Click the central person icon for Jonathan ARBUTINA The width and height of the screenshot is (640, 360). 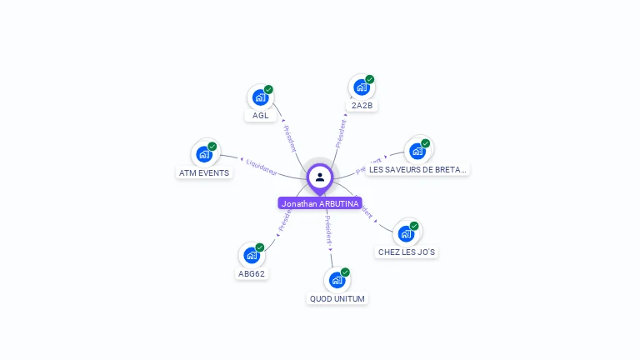(320, 177)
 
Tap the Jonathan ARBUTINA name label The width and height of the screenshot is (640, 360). (320, 203)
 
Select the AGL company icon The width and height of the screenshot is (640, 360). (260, 97)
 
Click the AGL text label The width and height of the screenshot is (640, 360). (261, 116)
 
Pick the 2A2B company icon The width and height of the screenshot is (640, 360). (362, 87)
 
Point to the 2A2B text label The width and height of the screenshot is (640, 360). (362, 106)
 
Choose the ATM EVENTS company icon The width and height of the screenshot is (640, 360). (204, 154)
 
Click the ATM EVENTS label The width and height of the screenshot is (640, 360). (204, 173)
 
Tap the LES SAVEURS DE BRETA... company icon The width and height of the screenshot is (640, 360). (417, 152)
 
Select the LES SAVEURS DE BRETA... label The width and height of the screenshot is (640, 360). (418, 169)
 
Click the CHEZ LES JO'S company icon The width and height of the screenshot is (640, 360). (407, 233)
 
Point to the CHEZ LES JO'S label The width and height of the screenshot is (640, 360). (407, 252)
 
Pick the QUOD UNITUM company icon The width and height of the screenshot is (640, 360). (337, 281)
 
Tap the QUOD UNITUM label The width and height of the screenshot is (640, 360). (337, 298)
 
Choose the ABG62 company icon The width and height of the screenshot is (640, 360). (252, 256)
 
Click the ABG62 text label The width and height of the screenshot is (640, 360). (252, 273)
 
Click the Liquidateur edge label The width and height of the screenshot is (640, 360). (262, 165)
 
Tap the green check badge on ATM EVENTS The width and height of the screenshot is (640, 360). (212, 146)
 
